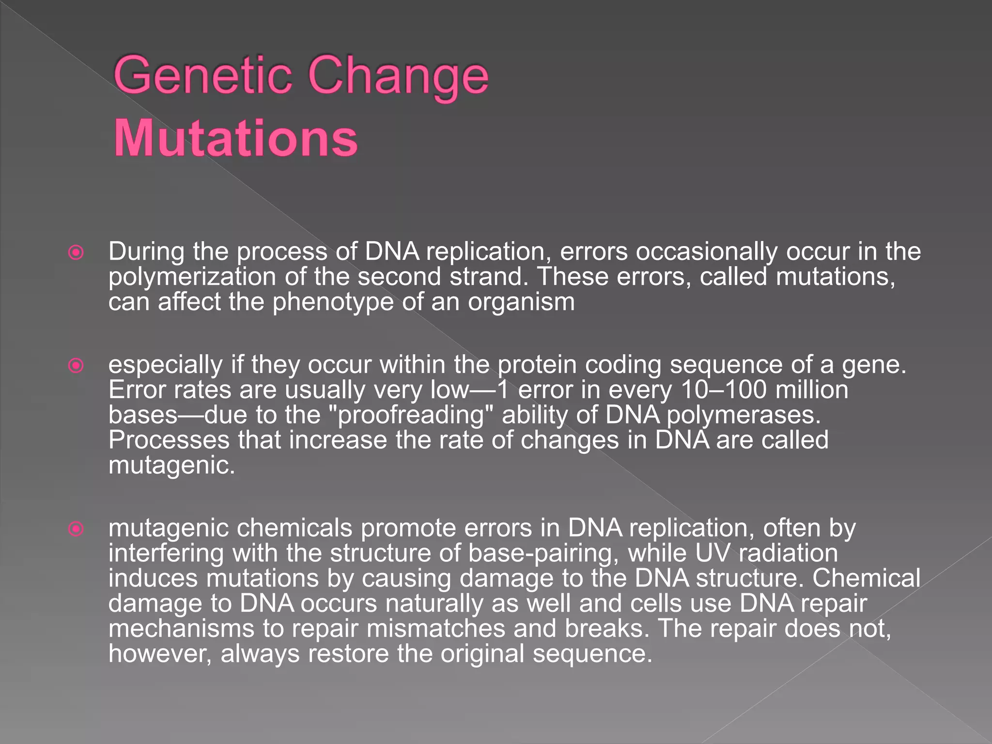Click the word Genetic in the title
[203, 76]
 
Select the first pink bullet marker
[76, 252]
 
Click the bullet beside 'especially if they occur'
[76, 365]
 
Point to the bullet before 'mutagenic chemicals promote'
[76, 528]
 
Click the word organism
[521, 302]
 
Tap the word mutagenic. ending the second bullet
[171, 466]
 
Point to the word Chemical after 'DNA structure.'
[866, 578]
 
